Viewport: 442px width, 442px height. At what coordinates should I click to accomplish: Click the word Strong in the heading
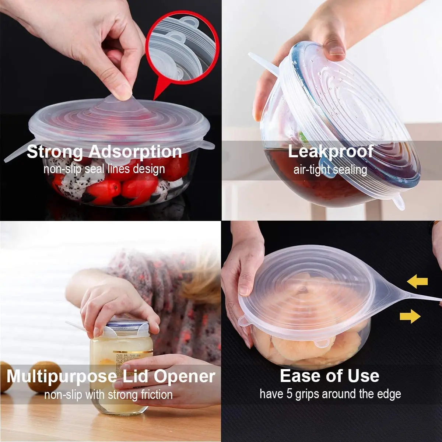[55, 152]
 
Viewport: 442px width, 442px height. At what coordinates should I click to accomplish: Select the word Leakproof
[330, 151]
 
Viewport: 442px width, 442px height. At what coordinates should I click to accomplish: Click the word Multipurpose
[61, 376]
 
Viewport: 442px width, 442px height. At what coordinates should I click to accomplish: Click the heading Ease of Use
[329, 376]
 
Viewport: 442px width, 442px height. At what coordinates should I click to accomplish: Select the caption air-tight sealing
[330, 170]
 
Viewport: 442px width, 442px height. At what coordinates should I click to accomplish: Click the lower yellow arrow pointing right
[410, 316]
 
